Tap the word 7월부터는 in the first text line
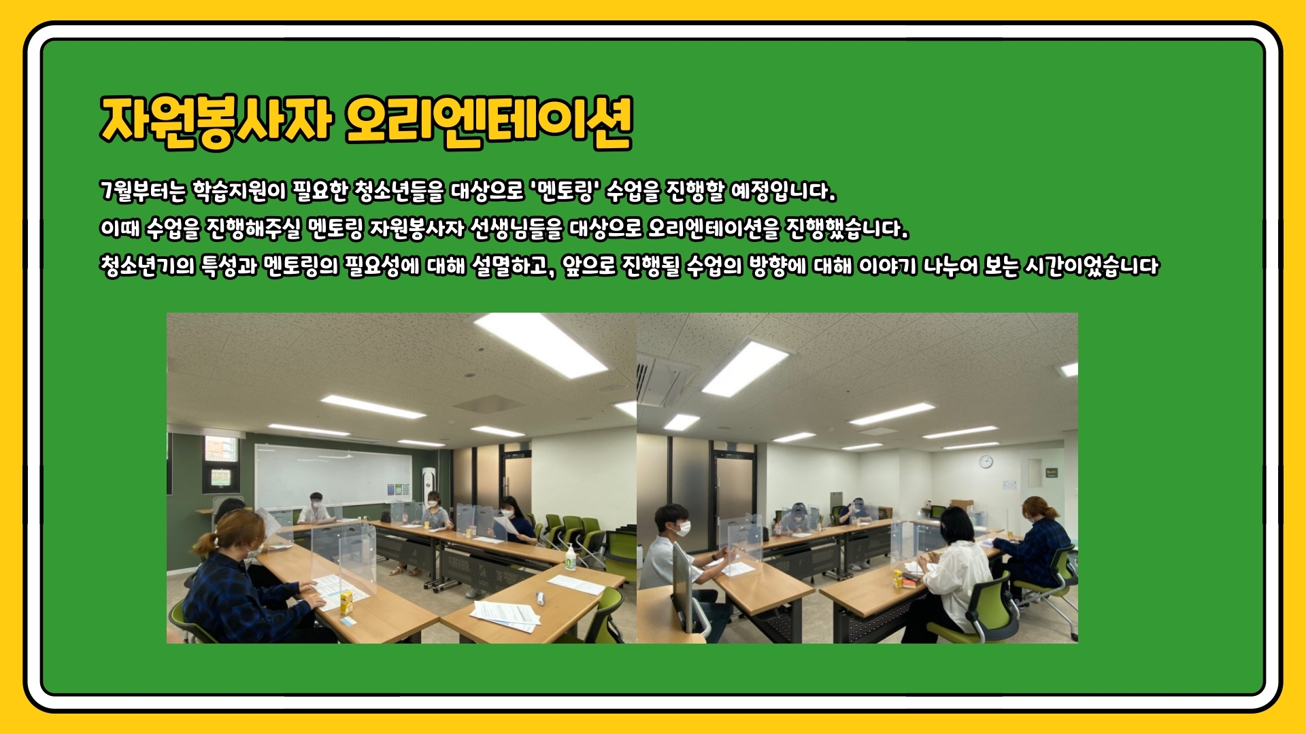click(x=143, y=191)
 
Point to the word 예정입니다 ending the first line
click(x=783, y=191)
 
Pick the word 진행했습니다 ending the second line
click(x=847, y=228)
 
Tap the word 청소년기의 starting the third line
click(x=146, y=266)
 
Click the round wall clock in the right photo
click(x=986, y=462)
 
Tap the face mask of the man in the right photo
click(x=684, y=528)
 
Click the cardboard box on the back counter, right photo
click(x=961, y=504)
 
